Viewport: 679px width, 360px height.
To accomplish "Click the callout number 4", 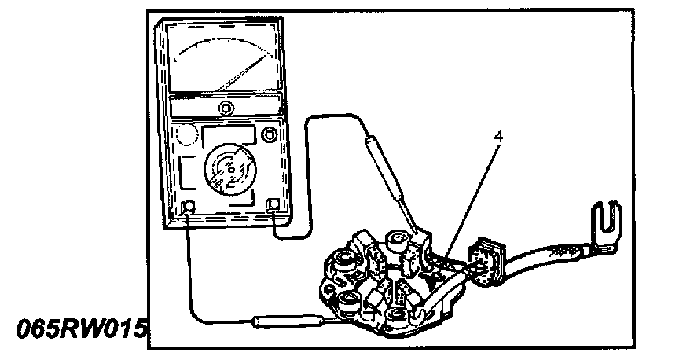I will point(498,135).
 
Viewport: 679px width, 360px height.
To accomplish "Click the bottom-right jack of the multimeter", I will point(274,206).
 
